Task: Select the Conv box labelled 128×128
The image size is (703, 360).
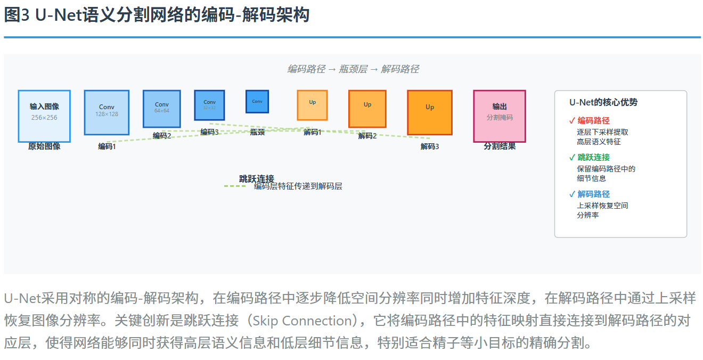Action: (107, 112)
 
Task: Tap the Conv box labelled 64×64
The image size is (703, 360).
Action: (162, 109)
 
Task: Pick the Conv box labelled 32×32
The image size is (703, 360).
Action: (209, 105)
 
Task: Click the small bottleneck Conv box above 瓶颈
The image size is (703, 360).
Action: (257, 101)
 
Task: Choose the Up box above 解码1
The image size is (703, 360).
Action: (312, 105)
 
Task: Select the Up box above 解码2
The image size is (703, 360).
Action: (367, 109)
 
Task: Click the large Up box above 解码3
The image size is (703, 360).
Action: (430, 112)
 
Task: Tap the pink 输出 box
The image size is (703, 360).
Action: (500, 116)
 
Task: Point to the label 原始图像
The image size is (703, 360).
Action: (44, 146)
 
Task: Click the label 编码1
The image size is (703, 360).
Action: (107, 146)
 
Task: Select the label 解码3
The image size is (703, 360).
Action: (430, 146)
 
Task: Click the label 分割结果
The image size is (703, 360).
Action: (500, 146)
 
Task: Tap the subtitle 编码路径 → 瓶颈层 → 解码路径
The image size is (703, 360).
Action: (353, 69)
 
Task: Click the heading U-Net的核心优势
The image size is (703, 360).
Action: (603, 102)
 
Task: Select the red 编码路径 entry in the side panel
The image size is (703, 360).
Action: (593, 121)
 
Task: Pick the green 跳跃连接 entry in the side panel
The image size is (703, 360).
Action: (593, 158)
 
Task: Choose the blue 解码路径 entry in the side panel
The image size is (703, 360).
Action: (593, 194)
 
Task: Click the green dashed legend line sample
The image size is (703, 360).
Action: (235, 186)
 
